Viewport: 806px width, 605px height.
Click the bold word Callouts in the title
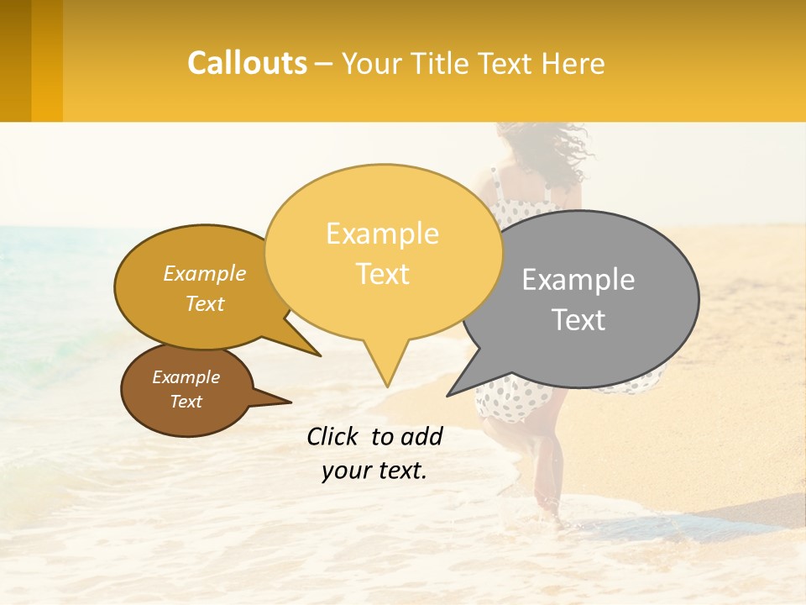pyautogui.click(x=247, y=63)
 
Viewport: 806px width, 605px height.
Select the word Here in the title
pyautogui.click(x=573, y=63)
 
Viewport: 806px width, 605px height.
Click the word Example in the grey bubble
pyautogui.click(x=578, y=280)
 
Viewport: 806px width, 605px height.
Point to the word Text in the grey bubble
pyautogui.click(x=578, y=320)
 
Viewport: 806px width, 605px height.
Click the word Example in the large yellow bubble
pyautogui.click(x=382, y=234)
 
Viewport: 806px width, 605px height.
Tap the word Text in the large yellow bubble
pyautogui.click(x=382, y=274)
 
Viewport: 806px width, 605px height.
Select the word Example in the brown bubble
pyautogui.click(x=186, y=377)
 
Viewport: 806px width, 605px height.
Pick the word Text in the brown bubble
pyautogui.click(x=186, y=402)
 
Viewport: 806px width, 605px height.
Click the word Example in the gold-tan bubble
pyautogui.click(x=204, y=274)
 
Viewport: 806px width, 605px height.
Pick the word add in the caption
pyautogui.click(x=421, y=436)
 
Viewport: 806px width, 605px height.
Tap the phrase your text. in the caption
pyautogui.click(x=374, y=471)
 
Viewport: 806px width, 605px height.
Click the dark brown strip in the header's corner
pyautogui.click(x=15, y=60)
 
